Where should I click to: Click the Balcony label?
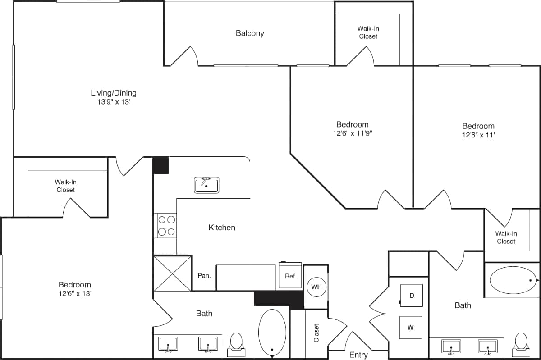pos(250,33)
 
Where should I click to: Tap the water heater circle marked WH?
pos(316,287)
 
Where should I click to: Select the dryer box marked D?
pos(411,296)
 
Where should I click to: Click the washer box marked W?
pos(411,328)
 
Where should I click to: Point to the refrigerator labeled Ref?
pos(291,276)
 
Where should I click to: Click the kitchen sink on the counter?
pos(206,185)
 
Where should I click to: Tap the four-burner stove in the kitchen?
pos(165,226)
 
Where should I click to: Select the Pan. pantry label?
pos(204,275)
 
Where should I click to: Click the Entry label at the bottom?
pos(358,355)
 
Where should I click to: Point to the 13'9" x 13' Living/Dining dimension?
pos(114,102)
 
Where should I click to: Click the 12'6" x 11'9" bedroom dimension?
pos(352,133)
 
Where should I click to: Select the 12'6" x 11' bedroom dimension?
pos(478,135)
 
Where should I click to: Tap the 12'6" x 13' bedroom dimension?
pos(74,293)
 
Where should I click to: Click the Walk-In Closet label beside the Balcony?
pos(368,32)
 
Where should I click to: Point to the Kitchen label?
pos(222,228)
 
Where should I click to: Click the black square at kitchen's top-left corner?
pos(160,165)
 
